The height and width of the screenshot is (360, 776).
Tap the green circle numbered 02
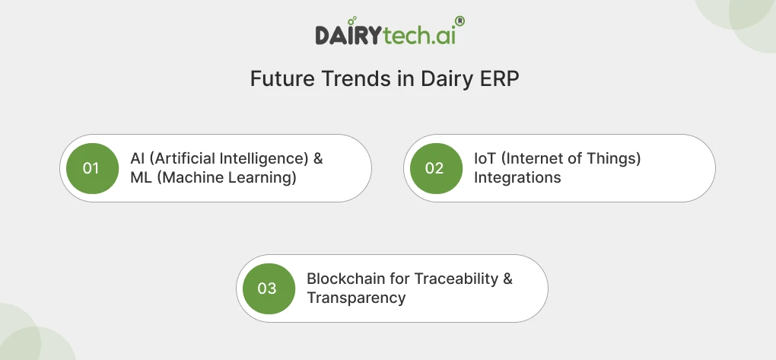click(435, 168)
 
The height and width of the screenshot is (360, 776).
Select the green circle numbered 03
click(268, 288)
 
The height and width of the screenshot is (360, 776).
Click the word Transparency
click(356, 298)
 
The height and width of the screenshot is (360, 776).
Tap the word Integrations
click(517, 178)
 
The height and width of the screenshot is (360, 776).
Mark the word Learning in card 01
click(260, 178)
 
